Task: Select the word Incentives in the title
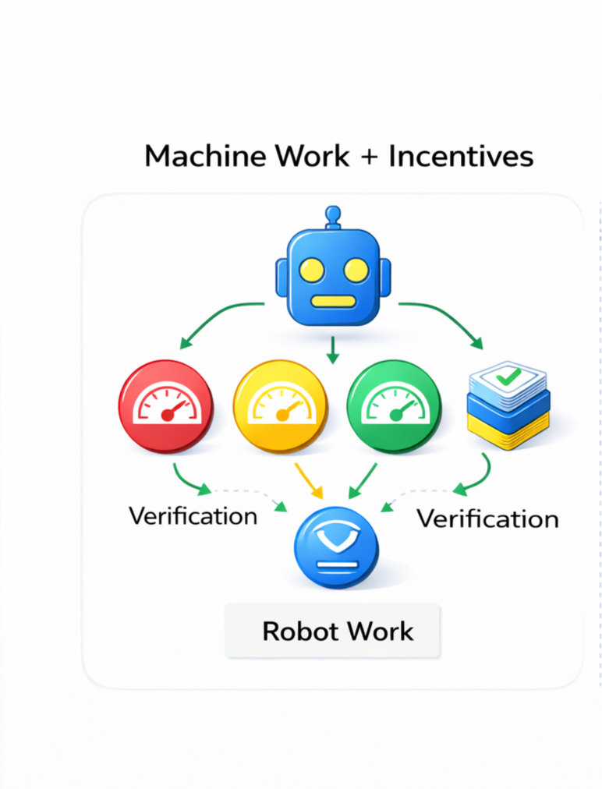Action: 461,156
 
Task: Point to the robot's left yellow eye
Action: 311,270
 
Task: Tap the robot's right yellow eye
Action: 356,270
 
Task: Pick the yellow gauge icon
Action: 281,406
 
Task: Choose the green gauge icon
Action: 393,406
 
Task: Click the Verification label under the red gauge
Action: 193,515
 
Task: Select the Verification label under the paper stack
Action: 487,518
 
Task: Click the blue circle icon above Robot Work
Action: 336,547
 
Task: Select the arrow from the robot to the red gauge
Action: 218,321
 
